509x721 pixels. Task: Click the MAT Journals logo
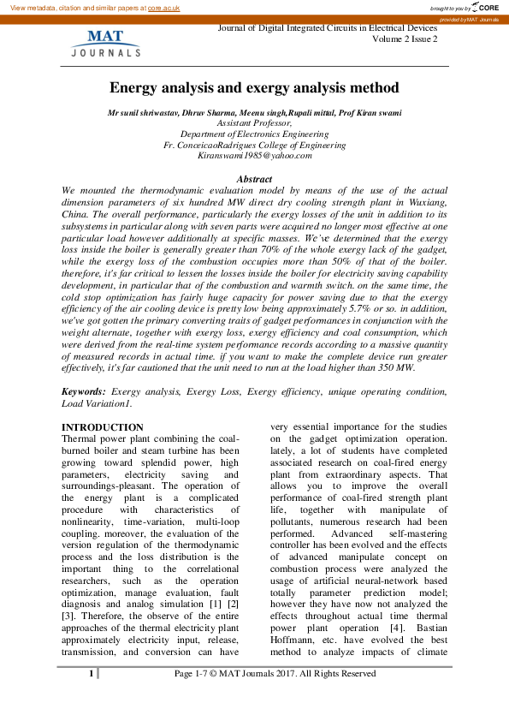coord(104,44)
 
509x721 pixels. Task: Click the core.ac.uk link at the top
coord(165,7)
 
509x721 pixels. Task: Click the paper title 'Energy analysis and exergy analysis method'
coord(254,88)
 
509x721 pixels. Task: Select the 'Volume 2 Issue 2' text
coord(405,39)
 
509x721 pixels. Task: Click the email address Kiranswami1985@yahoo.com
coord(254,156)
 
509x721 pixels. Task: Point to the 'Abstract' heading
coord(254,177)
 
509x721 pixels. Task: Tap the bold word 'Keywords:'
coord(84,391)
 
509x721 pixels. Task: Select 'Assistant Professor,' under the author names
coord(254,123)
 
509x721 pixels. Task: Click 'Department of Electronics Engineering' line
coord(254,134)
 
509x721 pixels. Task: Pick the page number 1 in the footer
coord(91,675)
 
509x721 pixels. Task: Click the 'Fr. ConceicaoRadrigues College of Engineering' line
coord(254,146)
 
